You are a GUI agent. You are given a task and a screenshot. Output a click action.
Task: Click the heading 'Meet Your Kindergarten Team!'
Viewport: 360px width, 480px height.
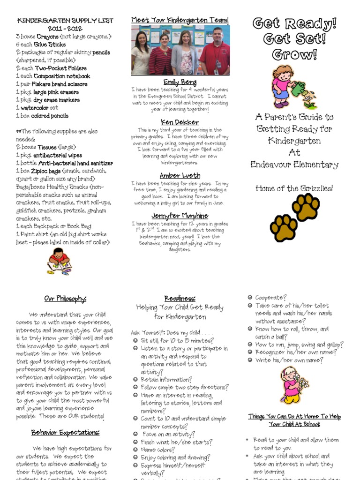(180, 20)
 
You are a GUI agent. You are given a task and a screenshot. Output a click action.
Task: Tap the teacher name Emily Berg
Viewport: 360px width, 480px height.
(180, 82)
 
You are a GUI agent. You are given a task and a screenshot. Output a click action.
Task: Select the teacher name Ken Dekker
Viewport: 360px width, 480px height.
(180, 122)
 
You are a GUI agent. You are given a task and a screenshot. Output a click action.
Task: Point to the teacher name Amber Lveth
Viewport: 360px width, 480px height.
(180, 175)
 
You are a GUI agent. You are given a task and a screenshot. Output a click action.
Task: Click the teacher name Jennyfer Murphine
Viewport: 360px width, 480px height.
(180, 216)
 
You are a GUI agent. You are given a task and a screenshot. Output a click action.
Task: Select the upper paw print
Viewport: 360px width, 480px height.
(306, 207)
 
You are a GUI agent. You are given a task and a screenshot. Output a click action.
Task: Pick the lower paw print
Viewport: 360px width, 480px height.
(284, 228)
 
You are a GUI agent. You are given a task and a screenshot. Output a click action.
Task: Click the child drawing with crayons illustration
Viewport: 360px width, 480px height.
(59, 262)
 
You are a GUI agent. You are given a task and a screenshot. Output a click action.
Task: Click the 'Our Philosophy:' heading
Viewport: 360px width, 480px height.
(65, 299)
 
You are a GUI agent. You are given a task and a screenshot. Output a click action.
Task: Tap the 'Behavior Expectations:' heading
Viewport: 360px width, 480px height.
(65, 432)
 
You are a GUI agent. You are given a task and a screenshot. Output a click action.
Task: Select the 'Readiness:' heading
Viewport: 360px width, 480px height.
(180, 299)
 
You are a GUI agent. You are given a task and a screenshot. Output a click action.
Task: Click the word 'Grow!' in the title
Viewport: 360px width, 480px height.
(295, 55)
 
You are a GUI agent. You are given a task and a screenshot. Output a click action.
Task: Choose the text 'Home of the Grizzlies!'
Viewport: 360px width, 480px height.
(294, 188)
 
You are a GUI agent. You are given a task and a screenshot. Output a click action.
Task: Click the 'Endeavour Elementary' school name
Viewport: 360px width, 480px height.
(294, 165)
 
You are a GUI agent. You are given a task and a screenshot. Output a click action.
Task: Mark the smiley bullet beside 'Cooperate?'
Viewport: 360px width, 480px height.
(250, 298)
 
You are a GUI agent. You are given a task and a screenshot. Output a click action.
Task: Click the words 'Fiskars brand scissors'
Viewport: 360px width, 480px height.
(62, 84)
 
